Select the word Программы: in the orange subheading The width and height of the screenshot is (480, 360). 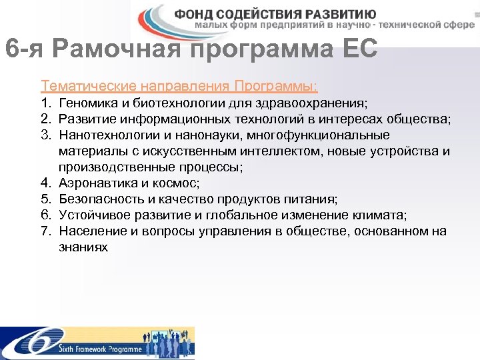[275, 87]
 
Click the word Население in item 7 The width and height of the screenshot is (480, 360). [89, 231]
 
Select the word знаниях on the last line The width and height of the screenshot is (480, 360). [83, 247]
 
